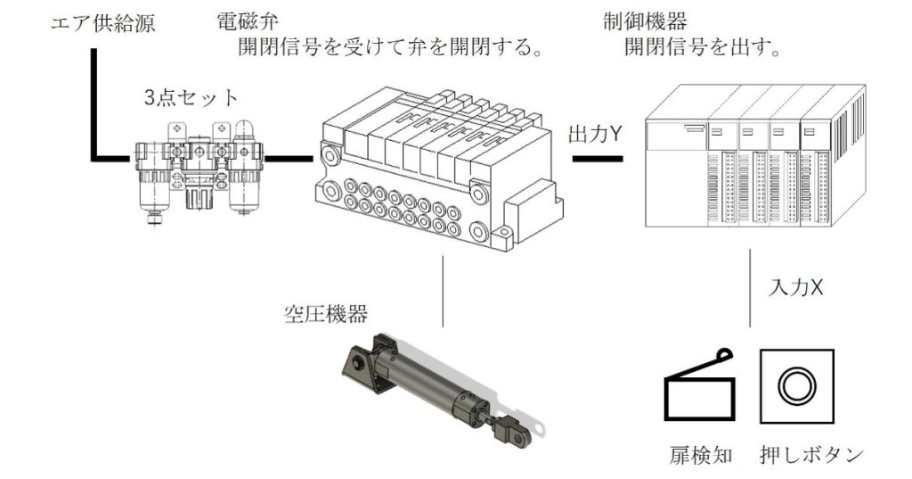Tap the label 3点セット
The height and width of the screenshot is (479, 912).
191,96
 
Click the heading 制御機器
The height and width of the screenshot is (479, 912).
637,19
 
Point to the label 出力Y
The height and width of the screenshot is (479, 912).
594,134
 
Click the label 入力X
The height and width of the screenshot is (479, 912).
794,288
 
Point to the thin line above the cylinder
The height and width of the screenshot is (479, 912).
443,290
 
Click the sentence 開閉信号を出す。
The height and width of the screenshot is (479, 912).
703,46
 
